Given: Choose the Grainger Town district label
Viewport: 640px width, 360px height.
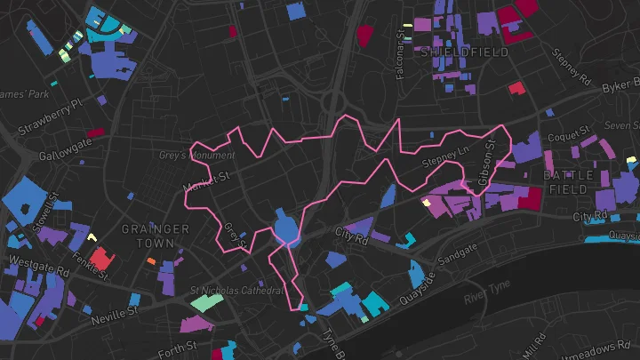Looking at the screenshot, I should coord(156,236).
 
